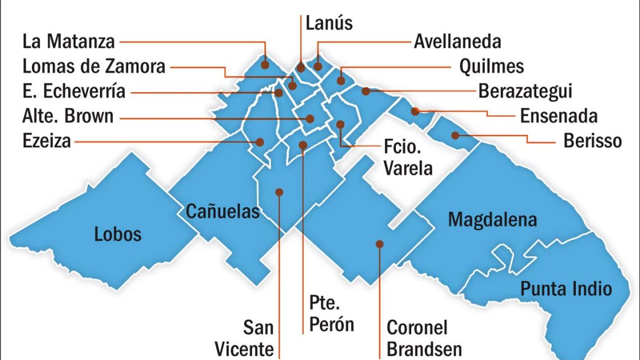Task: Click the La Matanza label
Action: [68, 42]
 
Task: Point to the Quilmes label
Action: [491, 66]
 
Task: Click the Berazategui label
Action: [525, 91]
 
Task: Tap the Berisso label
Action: [592, 140]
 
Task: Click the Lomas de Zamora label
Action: [94, 66]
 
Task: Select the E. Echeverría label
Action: [74, 91]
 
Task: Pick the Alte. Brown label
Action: [68, 116]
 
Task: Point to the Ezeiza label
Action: [47, 140]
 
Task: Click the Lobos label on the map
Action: [118, 233]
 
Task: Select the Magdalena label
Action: [492, 220]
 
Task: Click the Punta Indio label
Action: [566, 289]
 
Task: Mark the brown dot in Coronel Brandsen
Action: [380, 244]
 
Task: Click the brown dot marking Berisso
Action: [456, 135]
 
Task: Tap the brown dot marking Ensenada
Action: [415, 111]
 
